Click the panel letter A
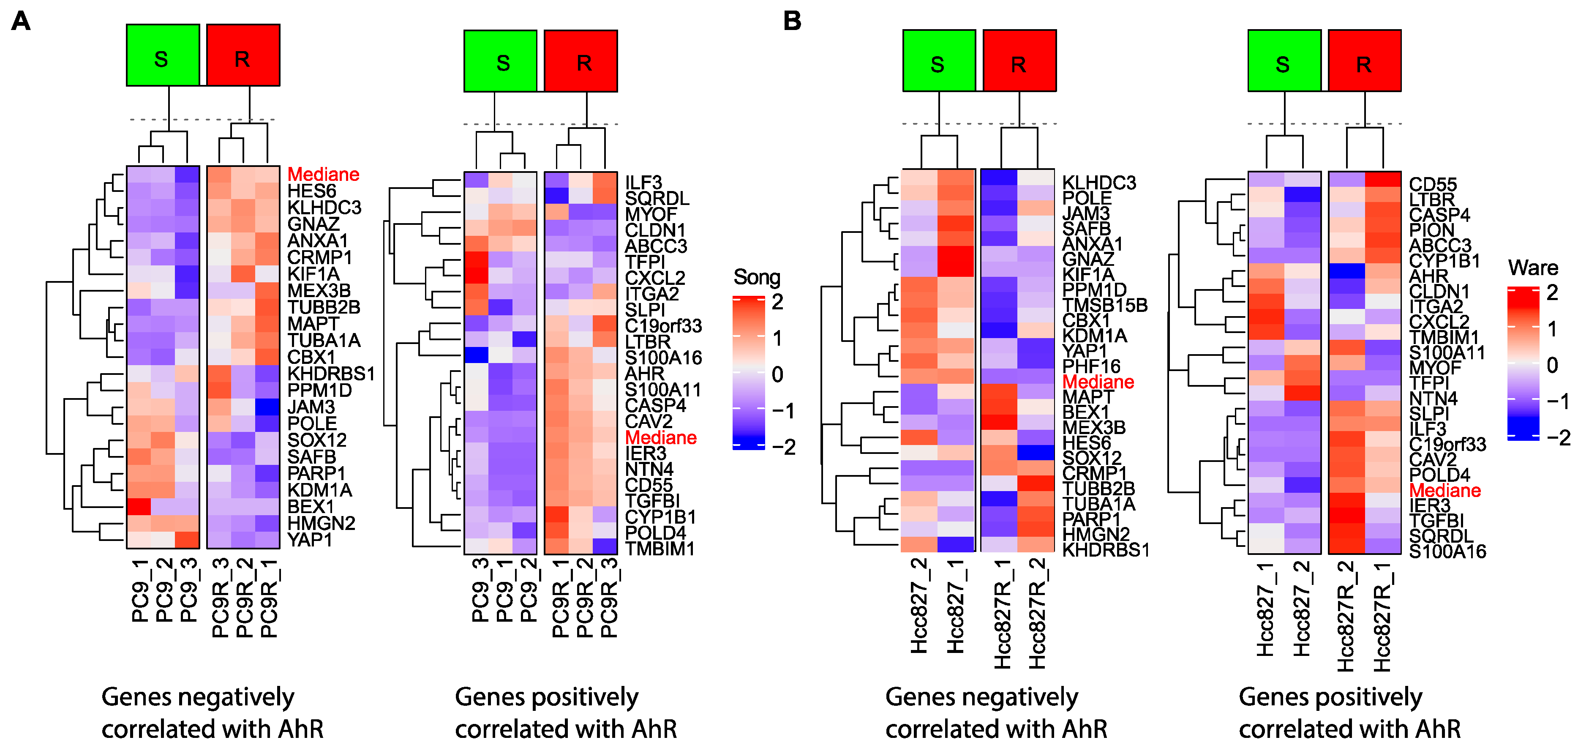pyautogui.click(x=21, y=22)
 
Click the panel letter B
pyautogui.click(x=792, y=22)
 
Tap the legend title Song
pyautogui.click(x=757, y=278)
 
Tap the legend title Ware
pyautogui.click(x=1533, y=268)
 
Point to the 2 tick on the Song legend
pyautogui.click(x=777, y=302)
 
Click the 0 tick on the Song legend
pyautogui.click(x=777, y=374)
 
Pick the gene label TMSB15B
pyautogui.click(x=1104, y=305)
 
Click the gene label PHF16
pyautogui.click(x=1091, y=366)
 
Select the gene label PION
pyautogui.click(x=1431, y=230)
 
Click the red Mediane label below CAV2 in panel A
pyautogui.click(x=660, y=437)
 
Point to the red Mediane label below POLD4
pyautogui.click(x=1445, y=490)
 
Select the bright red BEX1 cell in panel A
pyautogui.click(x=139, y=507)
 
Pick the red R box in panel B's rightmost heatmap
pyautogui.click(x=1364, y=60)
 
